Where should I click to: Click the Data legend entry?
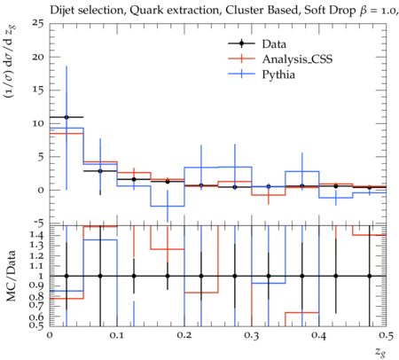point(274,44)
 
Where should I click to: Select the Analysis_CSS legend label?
point(297,59)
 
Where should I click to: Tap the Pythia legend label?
point(278,74)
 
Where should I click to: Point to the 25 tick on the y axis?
point(38,23)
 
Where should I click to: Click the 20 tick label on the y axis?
point(38,57)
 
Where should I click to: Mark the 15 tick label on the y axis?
point(38,90)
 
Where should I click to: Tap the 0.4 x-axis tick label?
point(319,335)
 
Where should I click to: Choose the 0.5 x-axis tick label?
point(387,335)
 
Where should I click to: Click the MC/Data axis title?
point(11,276)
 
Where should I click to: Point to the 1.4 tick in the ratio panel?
point(38,235)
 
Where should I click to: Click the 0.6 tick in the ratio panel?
point(38,317)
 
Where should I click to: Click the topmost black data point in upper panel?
point(66,117)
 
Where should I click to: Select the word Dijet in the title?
point(62,11)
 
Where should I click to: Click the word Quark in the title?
point(144,11)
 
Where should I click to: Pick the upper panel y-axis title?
point(10,61)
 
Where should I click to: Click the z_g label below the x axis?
point(380,352)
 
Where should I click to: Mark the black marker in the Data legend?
point(241,43)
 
